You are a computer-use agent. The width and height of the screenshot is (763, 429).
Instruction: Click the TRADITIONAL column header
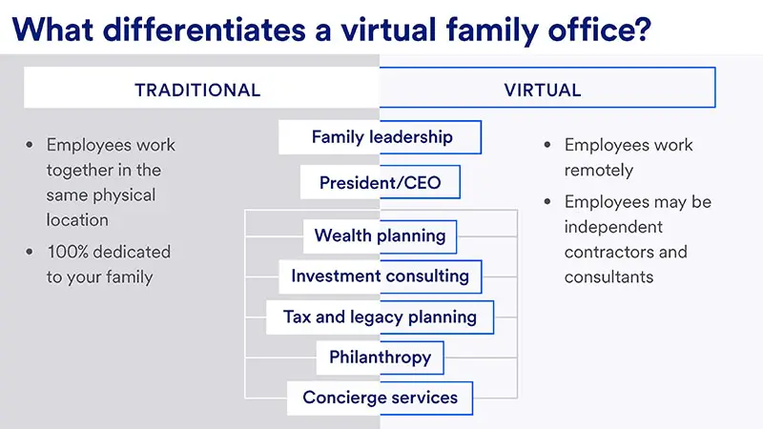(x=197, y=91)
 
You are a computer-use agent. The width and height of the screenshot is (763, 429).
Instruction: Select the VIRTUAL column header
(x=543, y=91)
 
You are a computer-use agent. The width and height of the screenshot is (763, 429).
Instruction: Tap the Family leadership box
(x=381, y=137)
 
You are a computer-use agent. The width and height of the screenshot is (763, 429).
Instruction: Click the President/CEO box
(x=381, y=181)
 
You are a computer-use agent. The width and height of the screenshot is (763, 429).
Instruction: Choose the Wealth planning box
(x=381, y=235)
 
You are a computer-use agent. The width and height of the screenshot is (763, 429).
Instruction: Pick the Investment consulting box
(x=381, y=276)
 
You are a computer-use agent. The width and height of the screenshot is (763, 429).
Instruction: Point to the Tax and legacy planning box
(x=381, y=317)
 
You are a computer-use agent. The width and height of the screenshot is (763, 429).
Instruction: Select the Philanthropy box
(x=381, y=357)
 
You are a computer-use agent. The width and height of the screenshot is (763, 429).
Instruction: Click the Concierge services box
(x=381, y=398)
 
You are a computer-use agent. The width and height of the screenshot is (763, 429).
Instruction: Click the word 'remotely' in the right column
(x=599, y=170)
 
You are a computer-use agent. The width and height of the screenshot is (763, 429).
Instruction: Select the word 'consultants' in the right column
(x=608, y=277)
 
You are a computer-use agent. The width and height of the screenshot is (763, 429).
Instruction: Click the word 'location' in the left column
(x=77, y=219)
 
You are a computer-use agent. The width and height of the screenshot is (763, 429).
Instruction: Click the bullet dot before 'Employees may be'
(x=547, y=202)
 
